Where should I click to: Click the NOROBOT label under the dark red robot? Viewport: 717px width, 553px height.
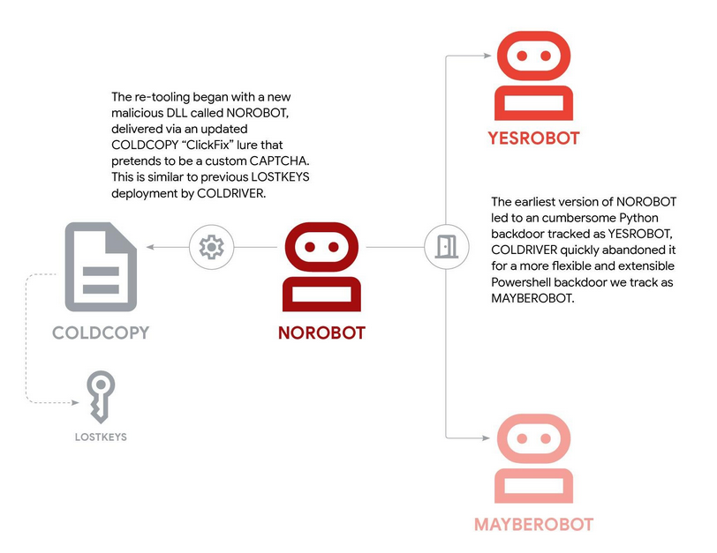point(321,333)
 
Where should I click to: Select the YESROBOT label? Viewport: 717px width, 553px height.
point(533,138)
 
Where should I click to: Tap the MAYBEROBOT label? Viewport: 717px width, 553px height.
point(533,524)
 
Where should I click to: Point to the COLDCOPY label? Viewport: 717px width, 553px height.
point(100,333)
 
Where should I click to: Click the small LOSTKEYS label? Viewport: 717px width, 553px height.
point(100,436)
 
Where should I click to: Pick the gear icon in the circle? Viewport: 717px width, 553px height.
point(211,248)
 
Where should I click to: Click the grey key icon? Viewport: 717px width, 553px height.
point(99,396)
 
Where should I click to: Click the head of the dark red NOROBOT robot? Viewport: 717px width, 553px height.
point(321,248)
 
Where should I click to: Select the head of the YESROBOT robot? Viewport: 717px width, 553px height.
point(533,56)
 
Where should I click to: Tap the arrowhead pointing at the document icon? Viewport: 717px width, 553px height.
point(149,248)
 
